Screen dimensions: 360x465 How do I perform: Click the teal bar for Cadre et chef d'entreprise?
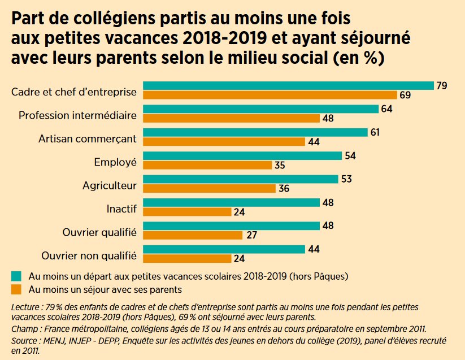(x=288, y=85)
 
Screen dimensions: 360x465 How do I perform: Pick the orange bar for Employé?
(x=207, y=165)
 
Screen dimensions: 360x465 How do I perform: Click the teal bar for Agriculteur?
(x=241, y=179)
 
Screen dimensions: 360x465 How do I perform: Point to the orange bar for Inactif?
(x=187, y=212)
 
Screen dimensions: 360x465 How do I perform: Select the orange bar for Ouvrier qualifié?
(x=193, y=235)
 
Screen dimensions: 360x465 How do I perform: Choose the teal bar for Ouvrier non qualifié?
(x=224, y=249)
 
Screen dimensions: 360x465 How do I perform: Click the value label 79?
(x=442, y=85)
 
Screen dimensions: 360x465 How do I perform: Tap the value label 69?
(x=405, y=95)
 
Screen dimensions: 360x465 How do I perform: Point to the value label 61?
(x=375, y=132)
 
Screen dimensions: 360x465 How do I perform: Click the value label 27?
(x=250, y=236)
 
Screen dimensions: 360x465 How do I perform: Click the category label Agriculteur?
(x=110, y=185)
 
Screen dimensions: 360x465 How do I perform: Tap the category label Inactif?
(x=121, y=209)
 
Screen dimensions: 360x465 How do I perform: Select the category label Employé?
(x=115, y=162)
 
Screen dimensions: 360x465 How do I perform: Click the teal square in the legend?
(x=16, y=276)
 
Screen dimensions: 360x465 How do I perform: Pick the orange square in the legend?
(x=16, y=289)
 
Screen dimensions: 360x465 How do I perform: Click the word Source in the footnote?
(x=25, y=341)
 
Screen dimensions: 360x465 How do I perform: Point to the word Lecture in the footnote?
(x=26, y=307)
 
